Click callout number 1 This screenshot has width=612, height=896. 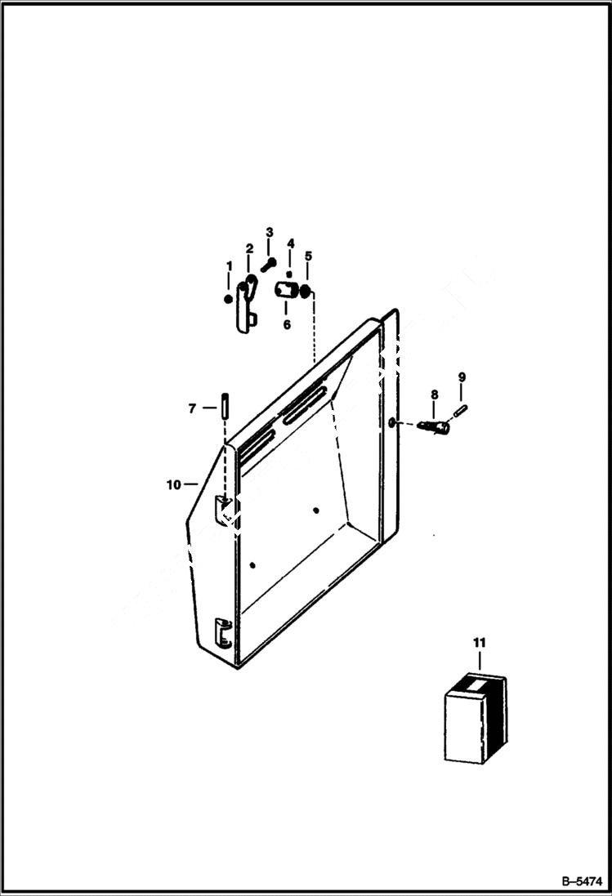pos(230,266)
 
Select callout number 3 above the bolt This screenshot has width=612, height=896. pos(269,233)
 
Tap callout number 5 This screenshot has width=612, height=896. pos(308,256)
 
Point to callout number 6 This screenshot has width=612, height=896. pos(287,324)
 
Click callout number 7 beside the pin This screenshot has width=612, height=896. pos(192,408)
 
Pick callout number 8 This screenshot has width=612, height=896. pos(434,395)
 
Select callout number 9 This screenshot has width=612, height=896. pos(462,377)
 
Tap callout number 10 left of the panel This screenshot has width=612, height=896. pos(173,484)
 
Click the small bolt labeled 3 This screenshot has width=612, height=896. pos(269,263)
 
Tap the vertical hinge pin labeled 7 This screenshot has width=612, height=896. pos(222,403)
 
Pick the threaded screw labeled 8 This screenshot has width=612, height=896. pos(433,426)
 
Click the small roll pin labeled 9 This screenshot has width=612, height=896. pos(462,409)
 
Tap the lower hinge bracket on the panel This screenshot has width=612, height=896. pos(221,632)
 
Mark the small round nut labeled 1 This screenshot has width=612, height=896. pos(228,299)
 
